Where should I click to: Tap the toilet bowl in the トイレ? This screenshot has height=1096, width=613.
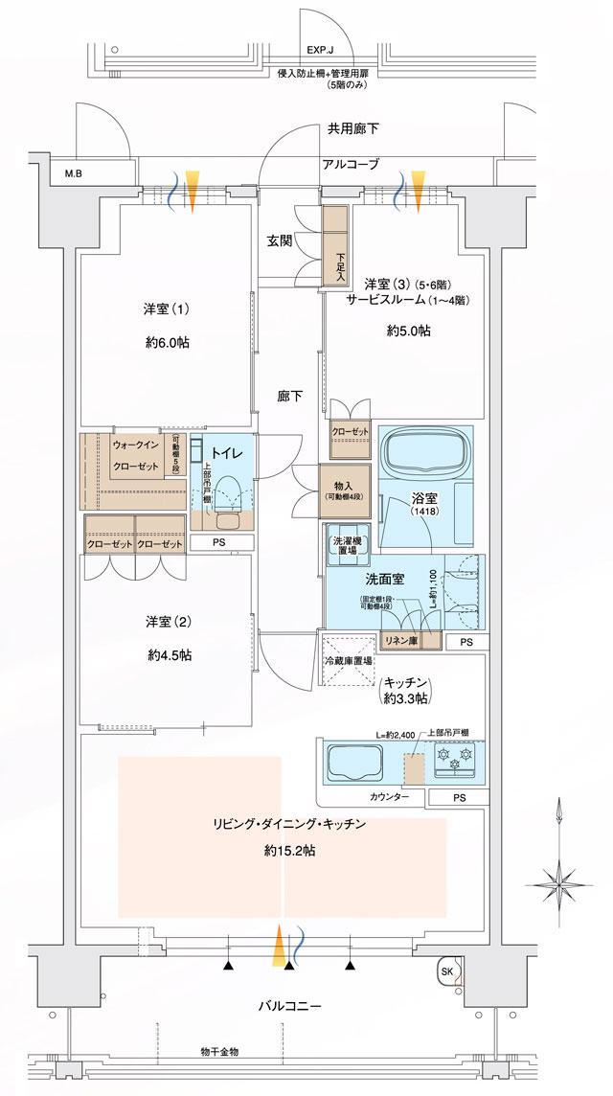coord(227,498)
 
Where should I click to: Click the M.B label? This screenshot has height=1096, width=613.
coord(74,174)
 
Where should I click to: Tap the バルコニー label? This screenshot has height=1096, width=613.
coord(288,1007)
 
